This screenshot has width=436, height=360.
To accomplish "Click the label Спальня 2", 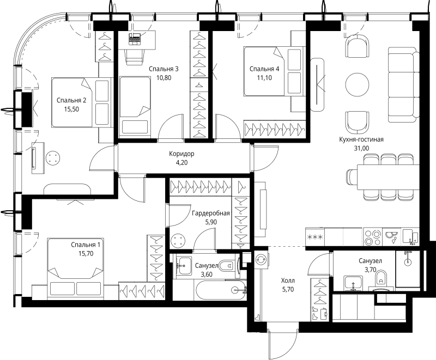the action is tap(71, 100).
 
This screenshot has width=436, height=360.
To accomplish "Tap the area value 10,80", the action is tap(164, 78).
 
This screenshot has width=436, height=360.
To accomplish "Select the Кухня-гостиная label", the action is tap(361, 139).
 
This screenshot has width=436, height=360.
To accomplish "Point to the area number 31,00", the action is tap(361, 148).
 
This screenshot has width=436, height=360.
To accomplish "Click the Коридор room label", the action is tap(181, 154).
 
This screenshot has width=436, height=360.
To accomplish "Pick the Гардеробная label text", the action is tap(211, 213).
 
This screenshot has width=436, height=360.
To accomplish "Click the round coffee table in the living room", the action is tap(358, 84).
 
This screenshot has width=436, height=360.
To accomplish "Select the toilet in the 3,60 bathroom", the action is tap(227, 266).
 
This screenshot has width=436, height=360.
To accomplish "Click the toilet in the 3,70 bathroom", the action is tap(381, 279).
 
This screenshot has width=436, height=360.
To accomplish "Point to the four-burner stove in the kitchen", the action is tap(373, 237).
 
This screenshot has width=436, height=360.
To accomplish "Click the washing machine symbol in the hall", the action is tap(262, 259).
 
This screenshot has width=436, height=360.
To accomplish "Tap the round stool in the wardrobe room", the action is tap(178, 240).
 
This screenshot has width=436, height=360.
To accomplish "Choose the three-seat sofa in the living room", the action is tap(403, 84).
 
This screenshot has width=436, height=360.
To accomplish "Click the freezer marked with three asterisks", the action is tap(315, 237).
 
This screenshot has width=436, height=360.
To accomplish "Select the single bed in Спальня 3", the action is tap(135, 106).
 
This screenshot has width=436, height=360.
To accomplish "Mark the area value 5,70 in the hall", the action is tap(288, 289).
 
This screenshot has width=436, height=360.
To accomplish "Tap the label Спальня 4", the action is tap(264, 69).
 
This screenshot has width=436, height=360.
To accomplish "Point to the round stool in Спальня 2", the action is tap(52, 158).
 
